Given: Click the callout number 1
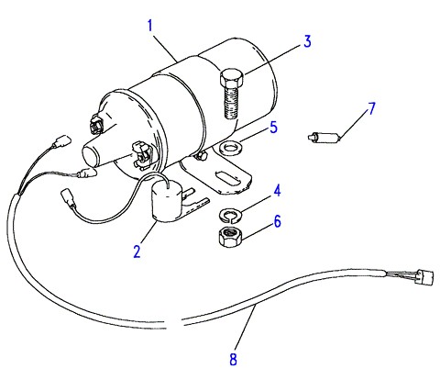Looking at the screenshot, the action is (149, 26).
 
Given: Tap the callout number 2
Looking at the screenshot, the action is (137, 251).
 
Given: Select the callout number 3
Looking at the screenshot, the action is (307, 41).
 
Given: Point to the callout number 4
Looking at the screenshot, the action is (277, 190).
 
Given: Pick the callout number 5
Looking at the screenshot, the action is (273, 128).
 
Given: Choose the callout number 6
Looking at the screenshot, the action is (277, 221).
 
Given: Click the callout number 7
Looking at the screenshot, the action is (371, 108).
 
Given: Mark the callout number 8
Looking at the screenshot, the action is (233, 359).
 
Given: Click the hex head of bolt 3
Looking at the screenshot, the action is (232, 78).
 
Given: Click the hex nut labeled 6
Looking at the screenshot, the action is (231, 238).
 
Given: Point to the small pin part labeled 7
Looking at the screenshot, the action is (324, 137).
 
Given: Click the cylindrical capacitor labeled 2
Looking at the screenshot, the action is (167, 200).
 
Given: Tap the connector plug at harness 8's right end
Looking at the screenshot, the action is (425, 276).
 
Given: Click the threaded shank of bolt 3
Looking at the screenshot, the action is (231, 102).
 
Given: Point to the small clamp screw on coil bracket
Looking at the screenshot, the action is (200, 157).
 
